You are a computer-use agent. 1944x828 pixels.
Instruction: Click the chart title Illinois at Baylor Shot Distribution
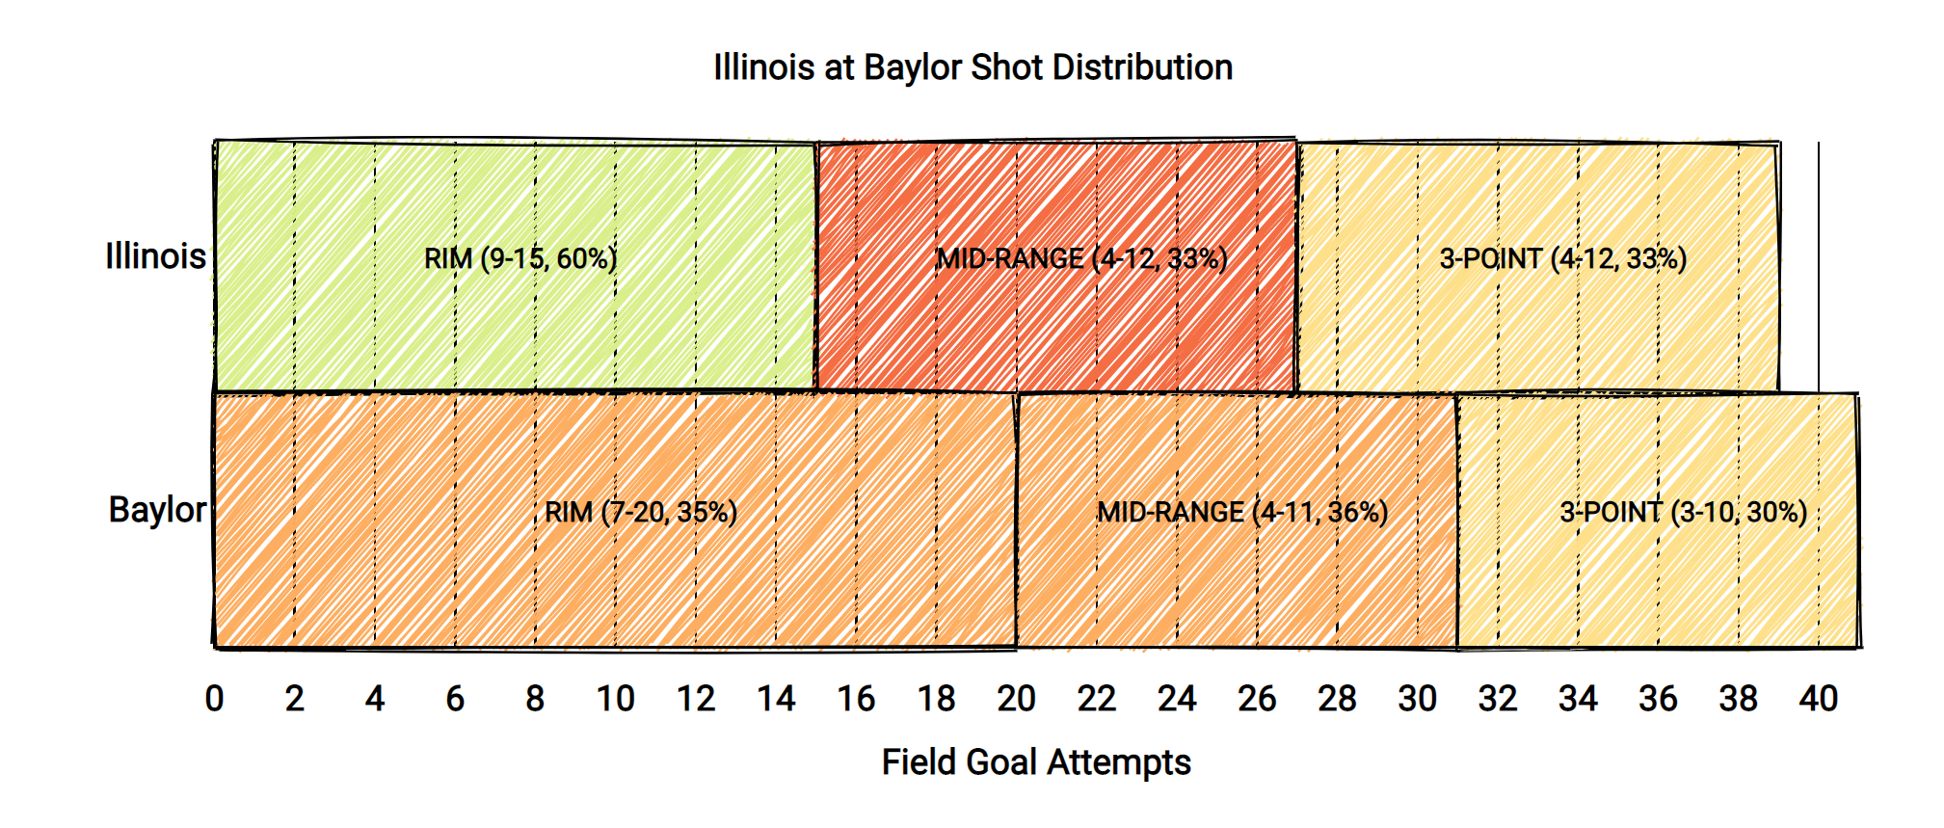click(x=972, y=67)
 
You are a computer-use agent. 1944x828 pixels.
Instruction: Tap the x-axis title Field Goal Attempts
click(x=1036, y=761)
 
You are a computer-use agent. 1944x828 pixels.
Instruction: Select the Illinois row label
click(x=155, y=256)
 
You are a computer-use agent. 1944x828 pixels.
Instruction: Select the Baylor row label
click(x=157, y=510)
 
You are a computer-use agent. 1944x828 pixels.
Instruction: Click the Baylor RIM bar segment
click(x=615, y=578)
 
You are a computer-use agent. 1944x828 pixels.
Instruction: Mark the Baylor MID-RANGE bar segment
click(x=1237, y=578)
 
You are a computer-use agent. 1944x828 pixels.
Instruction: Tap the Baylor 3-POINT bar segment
click(x=1658, y=578)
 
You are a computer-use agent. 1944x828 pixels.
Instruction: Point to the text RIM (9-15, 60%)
click(x=520, y=258)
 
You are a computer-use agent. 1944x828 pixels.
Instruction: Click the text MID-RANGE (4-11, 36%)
click(x=1242, y=512)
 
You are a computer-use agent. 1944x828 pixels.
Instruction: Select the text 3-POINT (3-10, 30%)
click(x=1684, y=512)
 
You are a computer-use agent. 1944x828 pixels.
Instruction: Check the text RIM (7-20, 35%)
click(x=641, y=512)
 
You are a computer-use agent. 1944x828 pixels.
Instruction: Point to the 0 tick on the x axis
click(x=214, y=699)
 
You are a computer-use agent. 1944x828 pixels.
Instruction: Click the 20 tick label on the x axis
click(x=1016, y=699)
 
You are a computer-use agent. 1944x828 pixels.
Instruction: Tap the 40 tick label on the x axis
click(x=1819, y=699)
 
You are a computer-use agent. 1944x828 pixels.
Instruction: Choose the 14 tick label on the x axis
click(x=776, y=699)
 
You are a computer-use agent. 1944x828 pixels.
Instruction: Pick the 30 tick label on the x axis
click(x=1417, y=699)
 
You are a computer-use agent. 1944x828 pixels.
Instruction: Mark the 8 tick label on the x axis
click(x=535, y=699)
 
